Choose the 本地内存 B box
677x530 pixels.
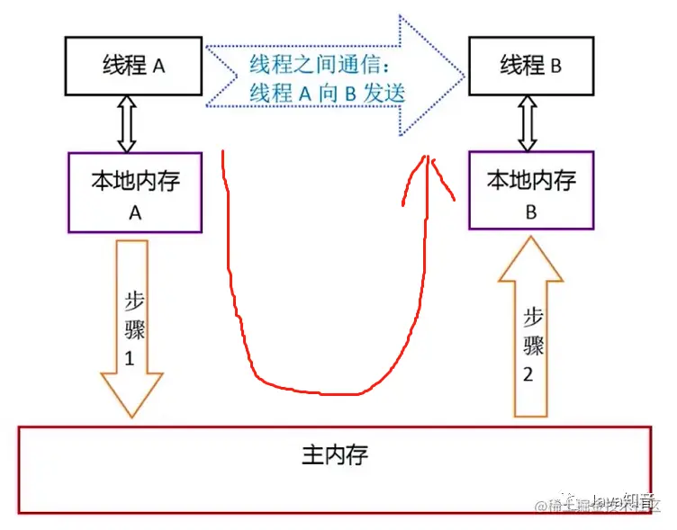pos(530,192)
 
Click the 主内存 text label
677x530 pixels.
pos(334,453)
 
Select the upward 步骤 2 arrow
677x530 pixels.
pos(530,333)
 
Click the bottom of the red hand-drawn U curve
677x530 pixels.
pos(324,392)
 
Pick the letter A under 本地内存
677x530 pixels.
pos(136,213)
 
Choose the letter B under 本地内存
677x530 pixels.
pos(530,213)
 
